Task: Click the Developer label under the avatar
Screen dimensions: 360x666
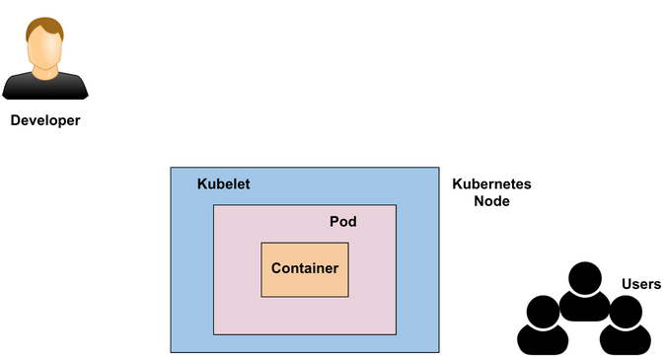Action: pyautogui.click(x=44, y=121)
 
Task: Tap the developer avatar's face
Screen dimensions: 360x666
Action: pyautogui.click(x=44, y=50)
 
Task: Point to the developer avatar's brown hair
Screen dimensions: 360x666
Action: pyautogui.click(x=44, y=25)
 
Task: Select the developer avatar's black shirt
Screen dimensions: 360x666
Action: pyautogui.click(x=44, y=87)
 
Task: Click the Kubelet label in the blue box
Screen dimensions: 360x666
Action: pyautogui.click(x=223, y=184)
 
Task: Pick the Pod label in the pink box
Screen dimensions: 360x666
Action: pyautogui.click(x=342, y=222)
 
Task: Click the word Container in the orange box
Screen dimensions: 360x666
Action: pyautogui.click(x=305, y=268)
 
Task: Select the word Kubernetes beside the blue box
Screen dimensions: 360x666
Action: pyautogui.click(x=491, y=184)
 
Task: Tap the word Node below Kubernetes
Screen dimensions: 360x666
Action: pyautogui.click(x=491, y=201)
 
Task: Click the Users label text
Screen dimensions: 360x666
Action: pyautogui.click(x=640, y=284)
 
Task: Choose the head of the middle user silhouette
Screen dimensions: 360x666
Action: pyautogui.click(x=583, y=278)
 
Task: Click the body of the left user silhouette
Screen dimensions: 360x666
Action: pyautogui.click(x=543, y=340)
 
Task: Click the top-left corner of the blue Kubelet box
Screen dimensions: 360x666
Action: pyautogui.click(x=171, y=168)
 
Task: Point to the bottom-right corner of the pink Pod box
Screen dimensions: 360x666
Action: pyautogui.click(x=396, y=333)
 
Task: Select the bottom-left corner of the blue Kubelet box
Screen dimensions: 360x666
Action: pyautogui.click(x=171, y=352)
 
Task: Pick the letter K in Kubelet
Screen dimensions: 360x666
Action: pyautogui.click(x=202, y=184)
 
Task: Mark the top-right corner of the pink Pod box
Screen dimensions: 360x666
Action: pyautogui.click(x=396, y=206)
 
